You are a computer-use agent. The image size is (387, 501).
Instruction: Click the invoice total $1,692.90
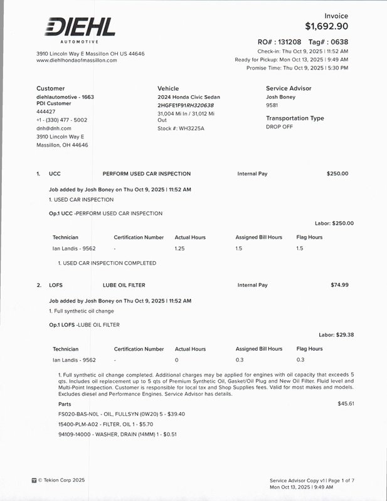326,26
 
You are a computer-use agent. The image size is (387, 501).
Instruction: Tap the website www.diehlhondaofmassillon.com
77,60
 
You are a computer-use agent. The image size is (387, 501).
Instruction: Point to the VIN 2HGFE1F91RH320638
186,105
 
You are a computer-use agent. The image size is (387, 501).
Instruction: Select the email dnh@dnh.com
54,128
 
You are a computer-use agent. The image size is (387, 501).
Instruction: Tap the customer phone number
61,120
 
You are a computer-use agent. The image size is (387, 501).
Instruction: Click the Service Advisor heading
289,88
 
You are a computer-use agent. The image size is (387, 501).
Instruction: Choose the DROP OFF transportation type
279,127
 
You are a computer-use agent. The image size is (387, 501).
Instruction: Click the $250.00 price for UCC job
337,173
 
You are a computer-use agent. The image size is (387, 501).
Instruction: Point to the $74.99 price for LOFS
339,285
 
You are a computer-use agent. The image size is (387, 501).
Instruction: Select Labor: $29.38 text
336,335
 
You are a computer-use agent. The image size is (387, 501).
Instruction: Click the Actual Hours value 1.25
179,249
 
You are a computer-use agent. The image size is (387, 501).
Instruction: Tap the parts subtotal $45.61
346,404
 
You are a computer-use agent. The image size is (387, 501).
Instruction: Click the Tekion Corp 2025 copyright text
61,480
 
